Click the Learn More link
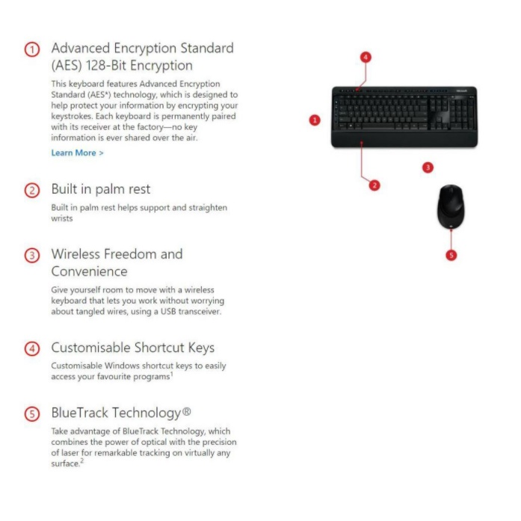[x=77, y=152]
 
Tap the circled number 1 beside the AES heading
[x=32, y=49]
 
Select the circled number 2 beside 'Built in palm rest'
[x=32, y=190]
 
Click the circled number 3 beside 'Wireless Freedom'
[x=32, y=255]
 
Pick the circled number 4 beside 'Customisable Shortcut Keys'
[x=32, y=348]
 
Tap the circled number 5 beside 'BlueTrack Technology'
[x=32, y=413]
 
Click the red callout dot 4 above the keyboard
[x=366, y=57]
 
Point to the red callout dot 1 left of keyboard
[x=315, y=120]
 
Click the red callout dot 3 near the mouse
[x=428, y=167]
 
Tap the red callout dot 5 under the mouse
[x=451, y=255]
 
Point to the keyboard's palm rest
[x=396, y=139]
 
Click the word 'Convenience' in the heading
[x=89, y=271]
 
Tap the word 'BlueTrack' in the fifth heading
[x=78, y=413]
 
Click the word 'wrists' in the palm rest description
[x=62, y=219]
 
